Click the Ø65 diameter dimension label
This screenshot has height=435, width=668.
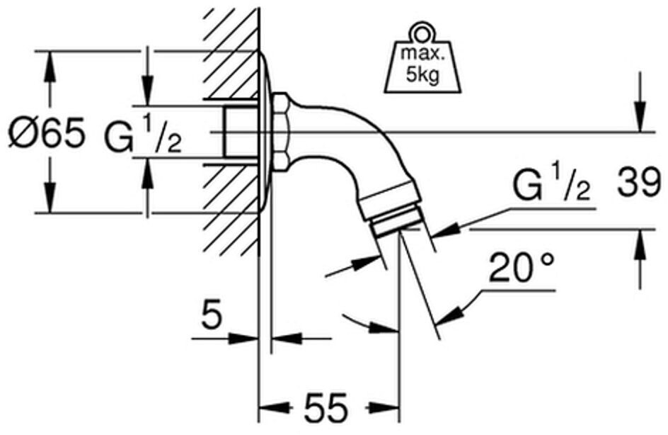coord(47,133)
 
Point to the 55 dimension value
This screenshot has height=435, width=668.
coord(326,407)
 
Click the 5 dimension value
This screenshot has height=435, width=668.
coord(212,315)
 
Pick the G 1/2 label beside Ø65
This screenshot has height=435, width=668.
coord(143,135)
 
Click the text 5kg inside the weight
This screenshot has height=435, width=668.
coord(422,76)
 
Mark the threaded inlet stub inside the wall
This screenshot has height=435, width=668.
coord(240,132)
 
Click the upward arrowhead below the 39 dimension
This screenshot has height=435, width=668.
coord(639,246)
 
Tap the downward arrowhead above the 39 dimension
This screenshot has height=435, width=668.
coord(639,117)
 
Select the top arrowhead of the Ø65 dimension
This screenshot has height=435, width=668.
coord(50,67)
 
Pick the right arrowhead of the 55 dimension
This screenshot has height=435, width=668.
coord(384,407)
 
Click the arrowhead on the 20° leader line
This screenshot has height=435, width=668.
coord(447,315)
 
